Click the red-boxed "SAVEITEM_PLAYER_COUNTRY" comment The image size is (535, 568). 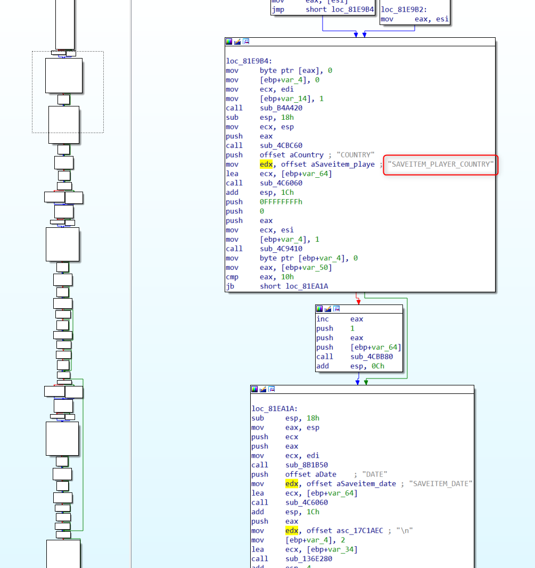click(440, 164)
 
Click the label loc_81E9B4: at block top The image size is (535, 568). click(249, 61)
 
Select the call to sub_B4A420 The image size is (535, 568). click(281, 108)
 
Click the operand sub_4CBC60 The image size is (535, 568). click(281, 145)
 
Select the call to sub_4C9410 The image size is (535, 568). click(281, 249)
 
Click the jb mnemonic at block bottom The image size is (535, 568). click(229, 286)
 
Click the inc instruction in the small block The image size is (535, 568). click(323, 319)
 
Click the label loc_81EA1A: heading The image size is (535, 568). click(274, 409)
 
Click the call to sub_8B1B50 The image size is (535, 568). click(306, 465)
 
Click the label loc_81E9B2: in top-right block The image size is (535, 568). click(404, 10)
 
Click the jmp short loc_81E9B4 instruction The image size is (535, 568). click(323, 10)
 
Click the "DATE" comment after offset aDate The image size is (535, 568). click(375, 474)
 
